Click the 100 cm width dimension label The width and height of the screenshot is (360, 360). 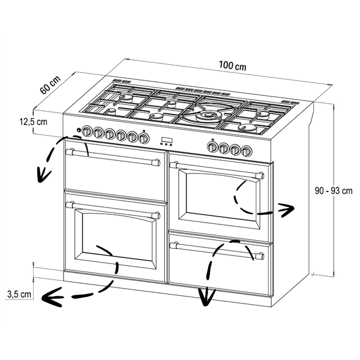[x=233, y=65]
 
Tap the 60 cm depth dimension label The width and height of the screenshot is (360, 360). [x=50, y=85]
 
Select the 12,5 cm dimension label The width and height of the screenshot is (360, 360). [x=34, y=121]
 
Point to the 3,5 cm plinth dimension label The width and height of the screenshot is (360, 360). [x=19, y=294]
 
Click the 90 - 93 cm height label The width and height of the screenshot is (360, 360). [x=334, y=191]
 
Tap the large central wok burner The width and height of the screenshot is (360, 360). [x=208, y=115]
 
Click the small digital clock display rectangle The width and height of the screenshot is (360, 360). [x=167, y=140]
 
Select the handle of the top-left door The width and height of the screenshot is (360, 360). [x=113, y=157]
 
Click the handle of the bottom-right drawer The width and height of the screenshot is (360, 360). [x=217, y=250]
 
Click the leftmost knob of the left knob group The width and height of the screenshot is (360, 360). [x=86, y=131]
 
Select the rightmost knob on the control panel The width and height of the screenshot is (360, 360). [x=247, y=151]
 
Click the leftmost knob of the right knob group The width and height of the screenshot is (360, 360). [x=212, y=147]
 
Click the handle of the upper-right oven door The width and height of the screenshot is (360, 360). [x=217, y=170]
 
